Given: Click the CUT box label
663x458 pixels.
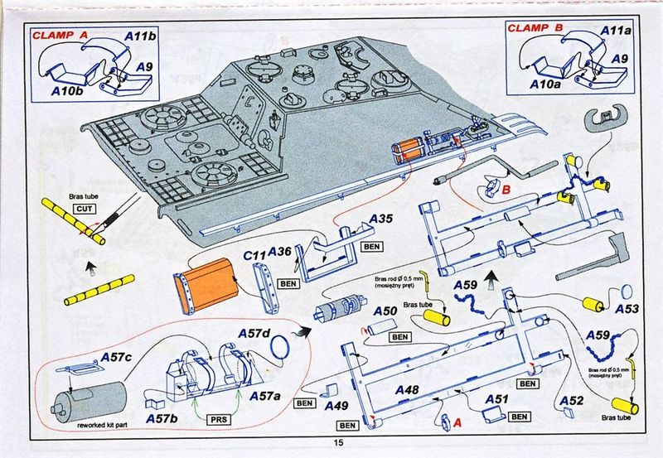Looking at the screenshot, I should tap(85, 209).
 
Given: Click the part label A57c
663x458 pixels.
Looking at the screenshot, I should tap(116, 357).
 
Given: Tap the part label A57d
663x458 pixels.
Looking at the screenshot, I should tap(255, 334).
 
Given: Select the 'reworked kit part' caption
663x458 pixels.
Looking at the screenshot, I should tap(107, 425).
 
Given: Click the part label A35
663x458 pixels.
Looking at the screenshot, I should tap(382, 219).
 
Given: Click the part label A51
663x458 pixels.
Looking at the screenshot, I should tap(496, 399).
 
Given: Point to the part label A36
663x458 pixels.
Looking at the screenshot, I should tap(280, 252).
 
